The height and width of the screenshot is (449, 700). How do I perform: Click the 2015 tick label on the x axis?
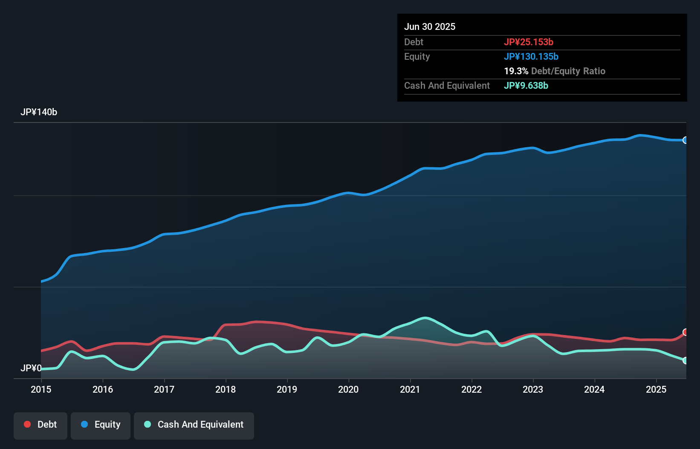[x=41, y=389]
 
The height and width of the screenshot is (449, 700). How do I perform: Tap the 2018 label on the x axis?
[x=226, y=389]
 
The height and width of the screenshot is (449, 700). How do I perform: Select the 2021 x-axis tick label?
[x=410, y=389]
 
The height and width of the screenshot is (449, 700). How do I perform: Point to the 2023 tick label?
[x=533, y=389]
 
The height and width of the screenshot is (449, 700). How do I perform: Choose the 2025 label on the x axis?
[x=656, y=389]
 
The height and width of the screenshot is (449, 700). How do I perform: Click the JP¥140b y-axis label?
[x=39, y=112]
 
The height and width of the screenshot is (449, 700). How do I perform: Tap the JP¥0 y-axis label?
[x=31, y=368]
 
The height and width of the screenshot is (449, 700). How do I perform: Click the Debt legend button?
[x=40, y=425]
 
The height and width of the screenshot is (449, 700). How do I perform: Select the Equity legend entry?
[x=101, y=425]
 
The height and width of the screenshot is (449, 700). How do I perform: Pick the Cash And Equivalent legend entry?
[x=194, y=425]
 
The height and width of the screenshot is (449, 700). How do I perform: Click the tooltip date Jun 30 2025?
[x=430, y=26]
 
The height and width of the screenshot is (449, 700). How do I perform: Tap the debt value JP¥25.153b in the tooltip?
[x=529, y=42]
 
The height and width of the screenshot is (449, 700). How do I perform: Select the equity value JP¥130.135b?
[x=531, y=56]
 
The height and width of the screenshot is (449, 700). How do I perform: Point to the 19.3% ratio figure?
[x=516, y=71]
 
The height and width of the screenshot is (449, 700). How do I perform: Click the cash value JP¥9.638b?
[x=526, y=85]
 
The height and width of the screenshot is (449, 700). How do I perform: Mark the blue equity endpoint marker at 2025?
[x=686, y=140]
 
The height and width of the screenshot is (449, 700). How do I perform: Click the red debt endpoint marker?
[x=686, y=332]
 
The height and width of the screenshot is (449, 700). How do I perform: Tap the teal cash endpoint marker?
[x=686, y=361]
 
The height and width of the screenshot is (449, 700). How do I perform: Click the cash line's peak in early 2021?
[x=425, y=318]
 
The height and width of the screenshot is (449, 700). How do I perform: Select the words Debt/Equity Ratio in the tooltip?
[x=568, y=71]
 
